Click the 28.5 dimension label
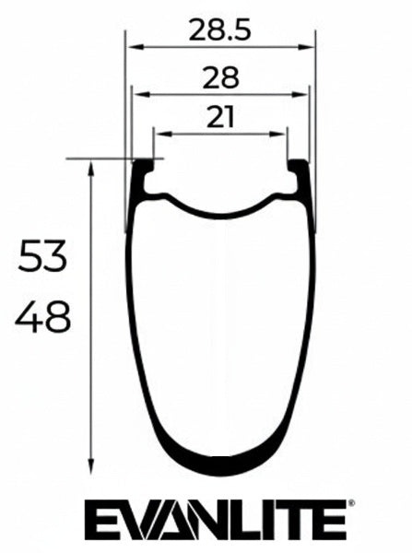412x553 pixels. pyautogui.click(x=220, y=29)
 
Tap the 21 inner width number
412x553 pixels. pyautogui.click(x=220, y=117)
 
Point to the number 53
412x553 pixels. pyautogui.click(x=42, y=257)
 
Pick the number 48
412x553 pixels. pyautogui.click(x=42, y=320)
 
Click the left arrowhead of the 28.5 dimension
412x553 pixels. pyautogui.click(x=130, y=47)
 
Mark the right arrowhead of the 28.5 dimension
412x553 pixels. pyautogui.click(x=311, y=47)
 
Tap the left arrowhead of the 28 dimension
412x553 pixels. pyautogui.click(x=136, y=92)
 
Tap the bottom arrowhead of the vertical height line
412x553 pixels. pyautogui.click(x=91, y=466)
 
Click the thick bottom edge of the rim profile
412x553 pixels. pyautogui.click(x=221, y=465)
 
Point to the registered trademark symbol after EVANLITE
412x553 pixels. pyautogui.click(x=347, y=505)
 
